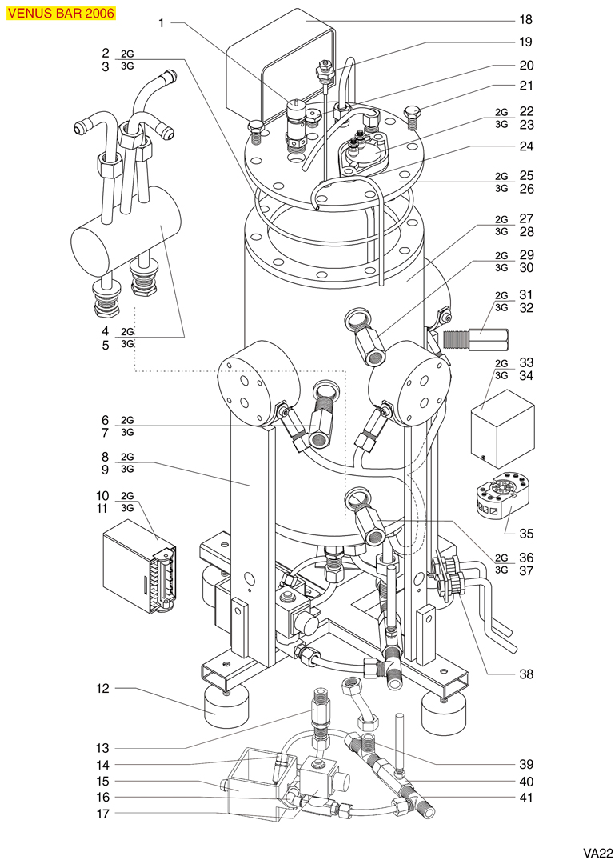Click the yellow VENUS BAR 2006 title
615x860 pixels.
coord(61,13)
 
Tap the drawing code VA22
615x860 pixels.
coord(597,853)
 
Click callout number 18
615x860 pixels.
coord(525,20)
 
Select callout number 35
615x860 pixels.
coord(526,534)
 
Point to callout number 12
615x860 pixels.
coord(103,688)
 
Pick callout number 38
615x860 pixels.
coord(526,674)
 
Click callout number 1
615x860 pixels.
coord(162,23)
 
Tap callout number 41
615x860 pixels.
coord(526,798)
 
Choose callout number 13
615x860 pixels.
coord(103,748)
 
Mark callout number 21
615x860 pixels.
coord(526,86)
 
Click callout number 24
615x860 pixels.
coord(526,146)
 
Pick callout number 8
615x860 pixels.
coord(106,457)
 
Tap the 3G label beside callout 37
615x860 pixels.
coord(501,570)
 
